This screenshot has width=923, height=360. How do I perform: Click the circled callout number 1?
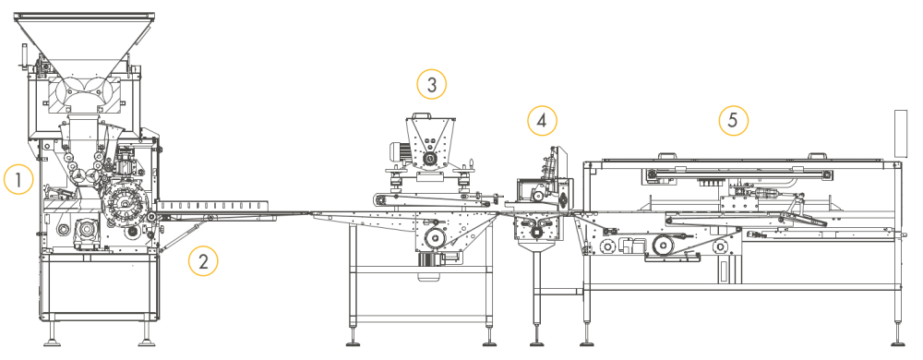(18, 179)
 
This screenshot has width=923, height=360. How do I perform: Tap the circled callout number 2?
(203, 262)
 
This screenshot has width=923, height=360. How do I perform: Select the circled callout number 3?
(431, 85)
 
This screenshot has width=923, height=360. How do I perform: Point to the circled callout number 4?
(542, 121)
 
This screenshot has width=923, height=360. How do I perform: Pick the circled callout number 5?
(733, 121)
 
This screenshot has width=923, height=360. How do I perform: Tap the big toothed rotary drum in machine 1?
(126, 203)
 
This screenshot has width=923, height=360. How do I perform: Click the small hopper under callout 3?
(431, 142)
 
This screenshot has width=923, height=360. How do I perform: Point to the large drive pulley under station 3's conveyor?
(436, 237)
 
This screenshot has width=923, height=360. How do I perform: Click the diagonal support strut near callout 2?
(183, 234)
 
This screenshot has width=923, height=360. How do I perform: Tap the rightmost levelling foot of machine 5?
(898, 342)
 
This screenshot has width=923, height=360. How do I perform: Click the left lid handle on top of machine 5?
(665, 157)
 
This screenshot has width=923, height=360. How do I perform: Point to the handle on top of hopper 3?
(424, 115)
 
